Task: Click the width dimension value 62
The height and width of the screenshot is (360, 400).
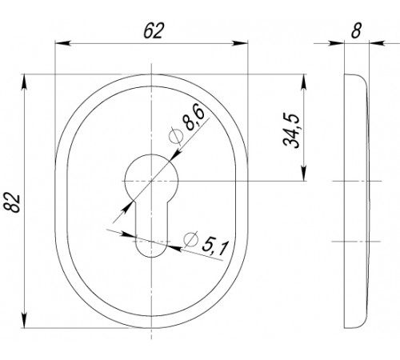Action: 154,30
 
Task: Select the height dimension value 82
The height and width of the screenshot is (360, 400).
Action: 12,202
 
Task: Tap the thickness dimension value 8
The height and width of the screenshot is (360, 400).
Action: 356,30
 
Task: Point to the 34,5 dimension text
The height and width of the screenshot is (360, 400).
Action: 291,130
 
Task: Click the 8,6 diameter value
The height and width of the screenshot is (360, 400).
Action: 194,117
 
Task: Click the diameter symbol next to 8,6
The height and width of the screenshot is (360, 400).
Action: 176,136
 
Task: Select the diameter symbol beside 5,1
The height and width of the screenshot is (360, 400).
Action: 191,239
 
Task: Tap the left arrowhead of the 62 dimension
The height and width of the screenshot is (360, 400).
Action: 63,43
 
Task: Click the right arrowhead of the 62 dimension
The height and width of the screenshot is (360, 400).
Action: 240,43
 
